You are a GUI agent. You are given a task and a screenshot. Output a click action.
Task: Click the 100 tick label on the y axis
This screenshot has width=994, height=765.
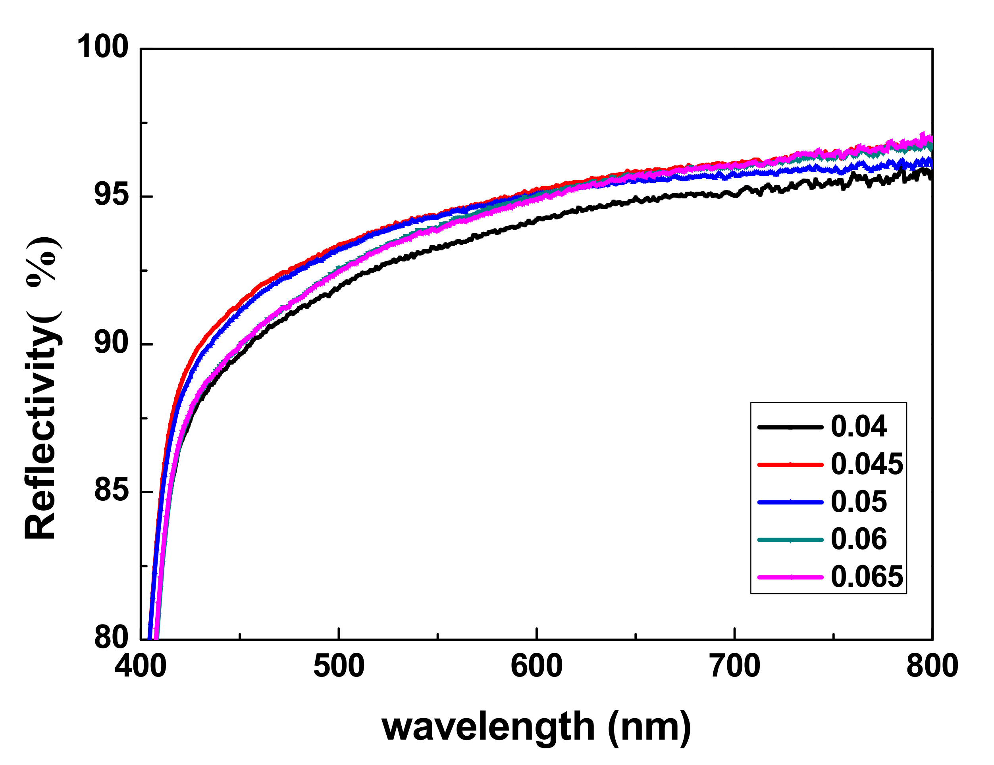(102, 47)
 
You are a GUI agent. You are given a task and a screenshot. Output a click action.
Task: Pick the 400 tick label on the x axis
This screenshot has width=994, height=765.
(141, 666)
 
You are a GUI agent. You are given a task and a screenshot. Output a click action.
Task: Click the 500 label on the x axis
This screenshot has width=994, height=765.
(339, 666)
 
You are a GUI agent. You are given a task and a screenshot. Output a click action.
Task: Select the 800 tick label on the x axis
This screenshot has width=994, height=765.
(932, 666)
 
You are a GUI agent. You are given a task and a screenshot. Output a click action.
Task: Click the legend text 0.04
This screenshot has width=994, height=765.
(858, 427)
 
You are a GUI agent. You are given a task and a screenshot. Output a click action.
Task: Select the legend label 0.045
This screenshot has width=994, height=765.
(867, 464)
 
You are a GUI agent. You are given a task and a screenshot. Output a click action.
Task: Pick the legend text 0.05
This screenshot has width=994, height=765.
(858, 502)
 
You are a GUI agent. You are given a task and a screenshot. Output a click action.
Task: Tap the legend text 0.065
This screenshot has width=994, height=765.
(867, 577)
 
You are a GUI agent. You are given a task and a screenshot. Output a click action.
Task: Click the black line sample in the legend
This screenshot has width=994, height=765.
(790, 427)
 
